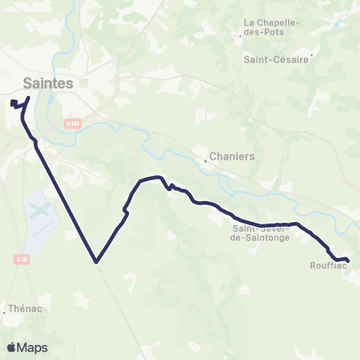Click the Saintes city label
click(x=48, y=83)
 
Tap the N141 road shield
click(x=72, y=123)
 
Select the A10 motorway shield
click(x=20, y=259)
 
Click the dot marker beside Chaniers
click(x=206, y=159)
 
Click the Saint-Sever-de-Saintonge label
click(x=260, y=232)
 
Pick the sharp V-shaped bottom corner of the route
click(x=96, y=262)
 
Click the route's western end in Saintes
click(x=13, y=103)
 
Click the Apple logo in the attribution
click(x=11, y=347)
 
